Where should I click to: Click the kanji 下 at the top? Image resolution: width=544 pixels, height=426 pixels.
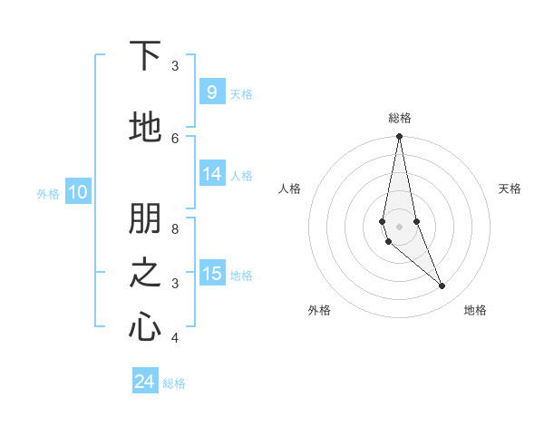pos(144,56)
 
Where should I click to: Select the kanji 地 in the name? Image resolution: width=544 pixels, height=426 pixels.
pos(144,127)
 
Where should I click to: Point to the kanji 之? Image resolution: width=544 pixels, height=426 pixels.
pos(144,273)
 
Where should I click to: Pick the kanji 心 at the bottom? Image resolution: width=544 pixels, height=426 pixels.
pos(144,326)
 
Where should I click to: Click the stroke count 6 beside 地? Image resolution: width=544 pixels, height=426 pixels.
pos(175,138)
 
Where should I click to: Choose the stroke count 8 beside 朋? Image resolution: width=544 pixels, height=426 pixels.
pos(175,229)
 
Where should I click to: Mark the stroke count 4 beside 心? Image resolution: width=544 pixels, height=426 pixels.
pos(175,338)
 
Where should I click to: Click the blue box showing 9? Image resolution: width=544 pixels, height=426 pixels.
pos(211,92)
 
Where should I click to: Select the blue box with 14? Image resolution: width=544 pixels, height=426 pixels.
pos(212,175)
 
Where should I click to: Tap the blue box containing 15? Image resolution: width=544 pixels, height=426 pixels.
pos(212,274)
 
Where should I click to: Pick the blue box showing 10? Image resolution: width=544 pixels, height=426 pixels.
pos(78,192)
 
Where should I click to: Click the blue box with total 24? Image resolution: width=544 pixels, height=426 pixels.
pos(145,382)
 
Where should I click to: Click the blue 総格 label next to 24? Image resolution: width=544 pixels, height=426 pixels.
pos(174,383)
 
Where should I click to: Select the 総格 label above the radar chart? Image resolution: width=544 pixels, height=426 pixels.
pos(399,118)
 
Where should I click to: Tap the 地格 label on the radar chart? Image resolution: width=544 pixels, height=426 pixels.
pos(475,311)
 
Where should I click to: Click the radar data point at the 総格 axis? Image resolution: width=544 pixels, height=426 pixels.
pos(399,137)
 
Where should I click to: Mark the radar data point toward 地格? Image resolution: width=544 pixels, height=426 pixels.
pos(442,286)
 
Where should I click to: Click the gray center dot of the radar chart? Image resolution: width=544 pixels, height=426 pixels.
pos(399,226)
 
